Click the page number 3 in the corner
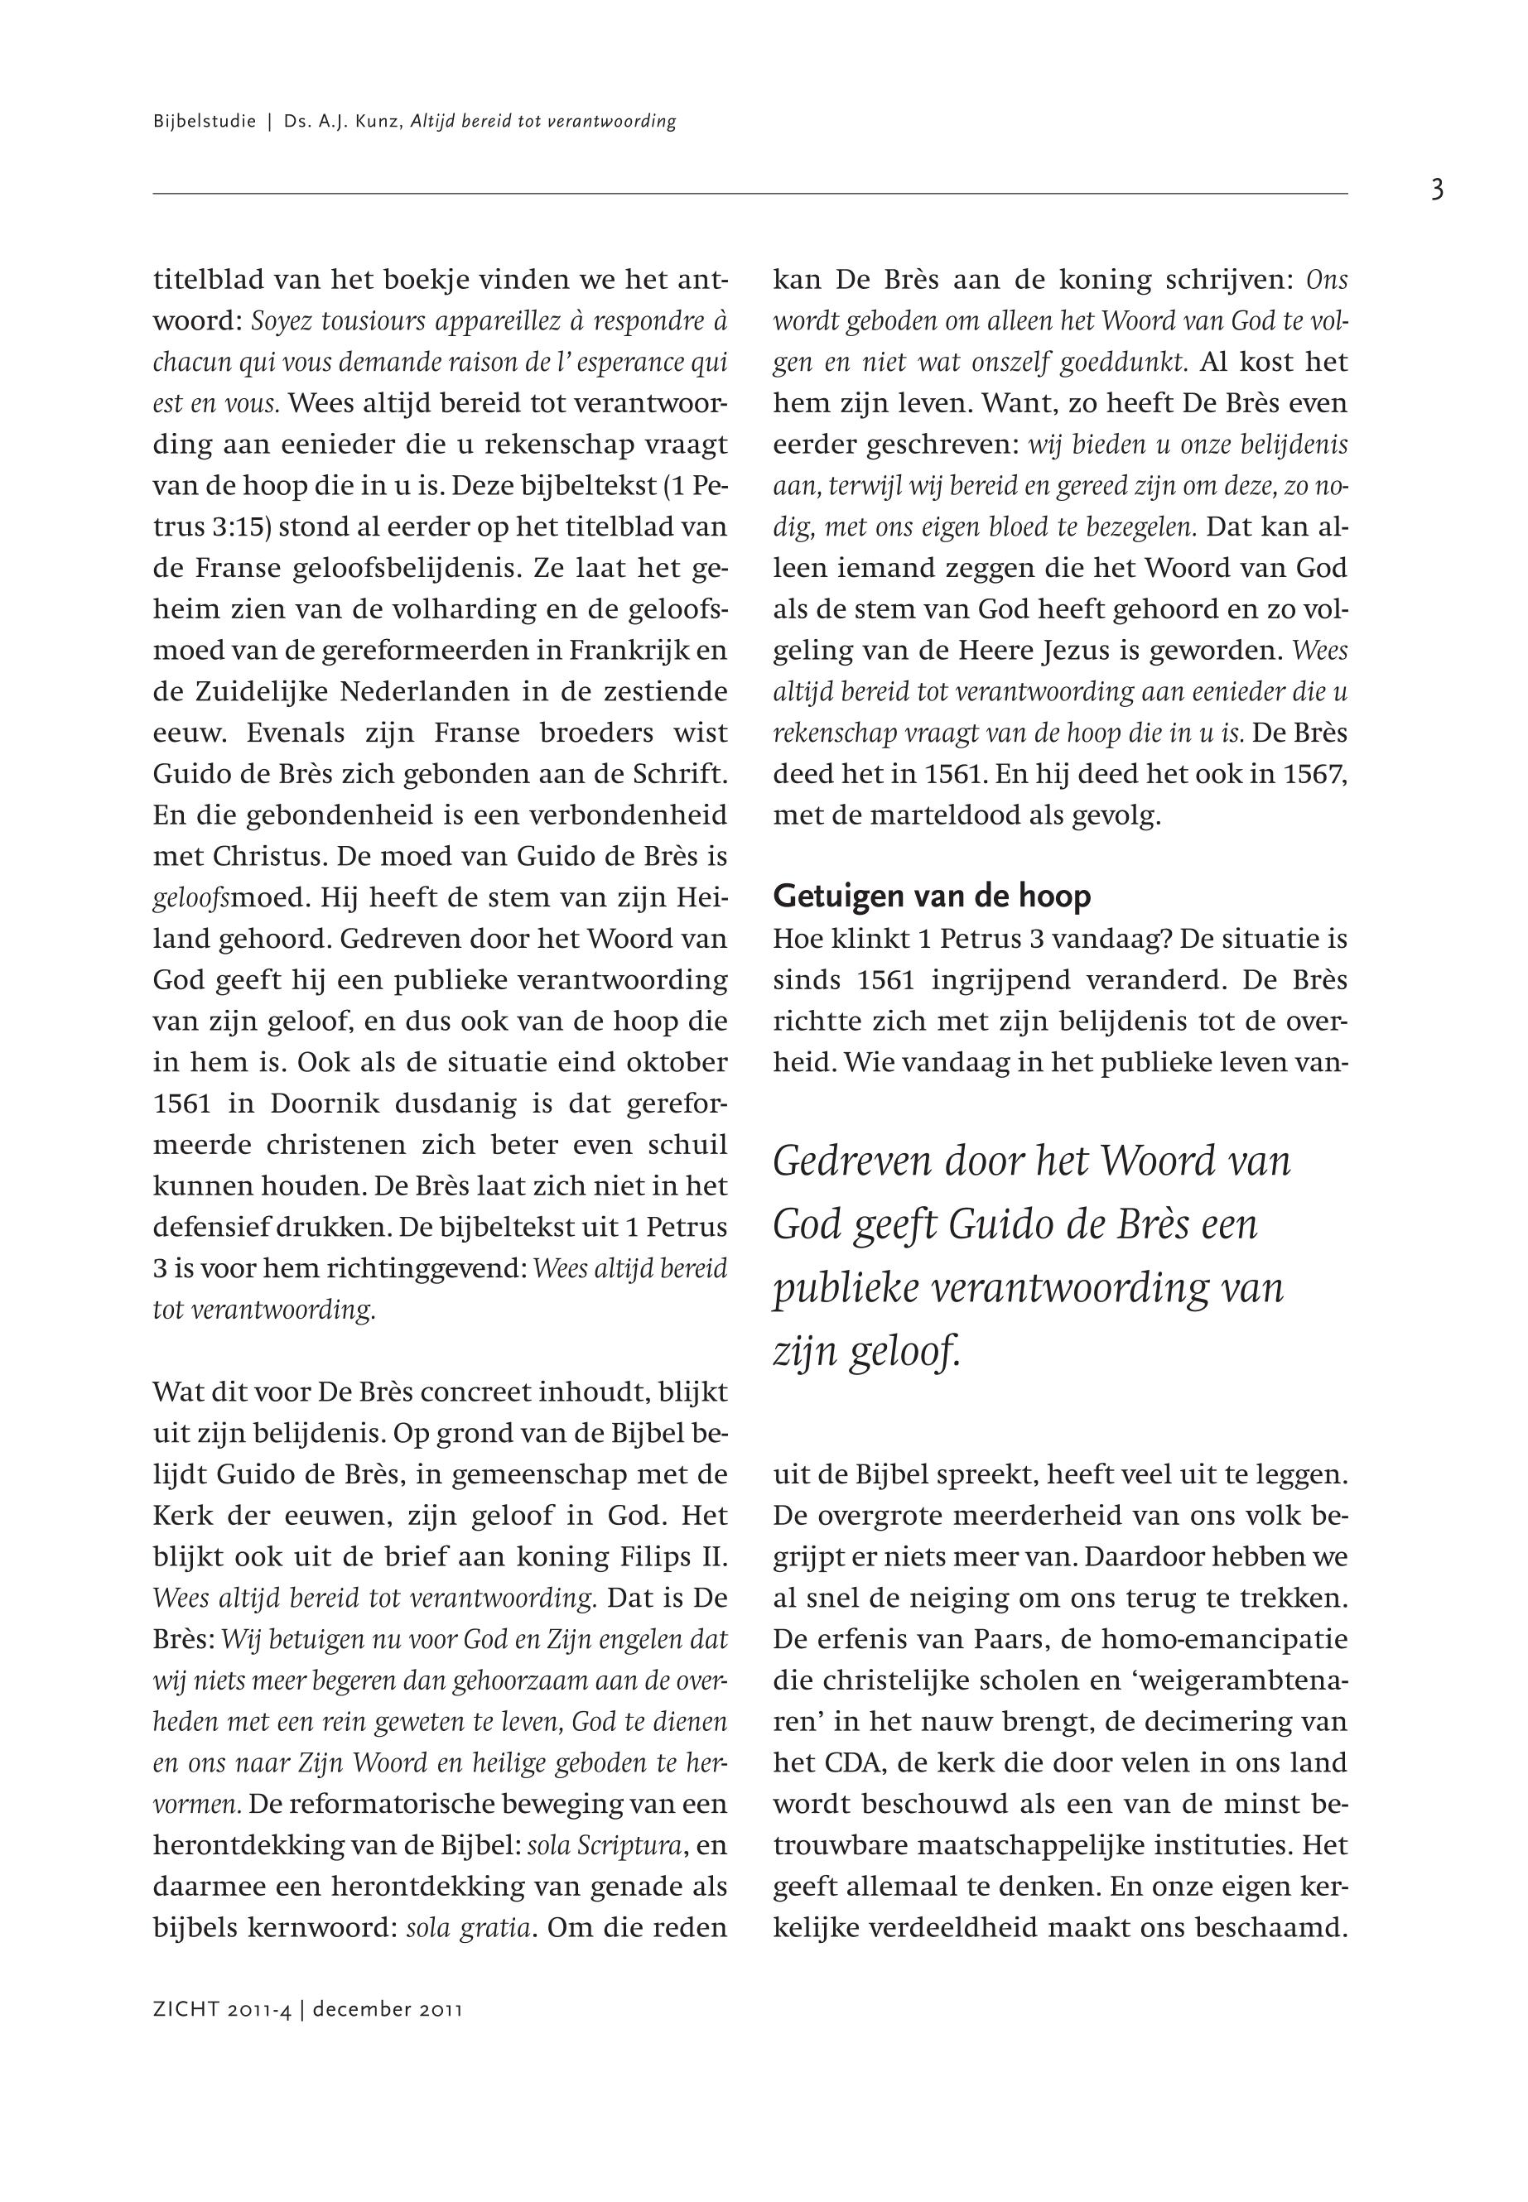click(x=1436, y=190)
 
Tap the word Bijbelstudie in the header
click(x=204, y=122)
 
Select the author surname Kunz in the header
click(x=380, y=122)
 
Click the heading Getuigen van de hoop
click(x=932, y=897)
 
